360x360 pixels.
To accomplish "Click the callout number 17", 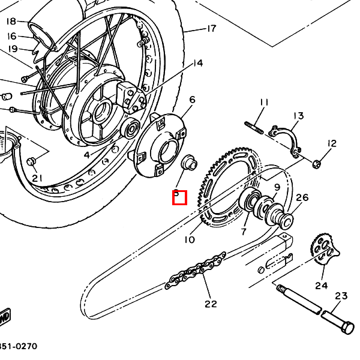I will pyautogui.click(x=211, y=28).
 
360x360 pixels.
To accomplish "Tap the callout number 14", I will pyautogui.click(x=197, y=63).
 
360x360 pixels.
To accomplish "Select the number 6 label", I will pyautogui.click(x=192, y=100).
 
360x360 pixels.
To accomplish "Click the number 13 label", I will pyautogui.click(x=298, y=116).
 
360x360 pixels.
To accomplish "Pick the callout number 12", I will pyautogui.click(x=332, y=143).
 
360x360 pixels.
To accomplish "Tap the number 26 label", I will pyautogui.click(x=302, y=197).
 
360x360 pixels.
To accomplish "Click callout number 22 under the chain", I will pyautogui.click(x=210, y=304).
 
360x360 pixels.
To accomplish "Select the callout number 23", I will pyautogui.click(x=341, y=296).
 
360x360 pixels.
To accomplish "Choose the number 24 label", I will pyautogui.click(x=322, y=285).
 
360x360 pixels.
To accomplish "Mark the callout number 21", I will pyautogui.click(x=38, y=178).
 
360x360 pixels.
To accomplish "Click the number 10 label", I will pyautogui.click(x=190, y=239).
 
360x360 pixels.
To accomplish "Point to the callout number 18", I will pyautogui.click(x=11, y=22).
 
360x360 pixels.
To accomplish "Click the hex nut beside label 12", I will pyautogui.click(x=317, y=162).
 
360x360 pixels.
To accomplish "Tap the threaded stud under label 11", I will pyautogui.click(x=254, y=128).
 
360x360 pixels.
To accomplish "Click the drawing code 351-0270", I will pyautogui.click(x=18, y=346).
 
